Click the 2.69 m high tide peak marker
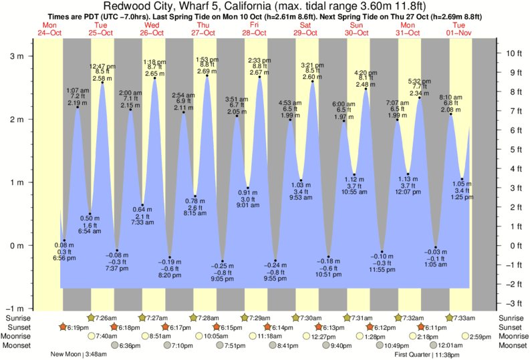[x=207, y=75]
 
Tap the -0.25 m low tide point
[x=223, y=261]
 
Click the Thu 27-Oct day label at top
[x=203, y=29]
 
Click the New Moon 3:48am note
[x=80, y=355]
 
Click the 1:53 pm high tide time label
[x=207, y=59]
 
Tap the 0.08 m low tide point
[x=64, y=240]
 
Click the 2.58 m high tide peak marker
[x=102, y=83]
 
